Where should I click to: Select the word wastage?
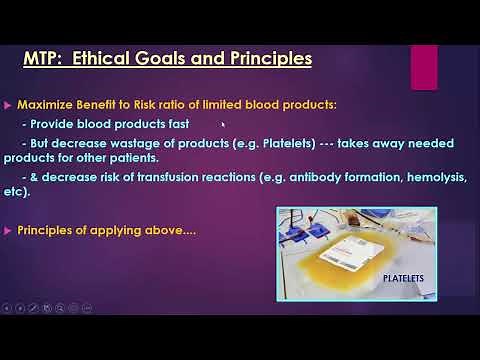[130, 143]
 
